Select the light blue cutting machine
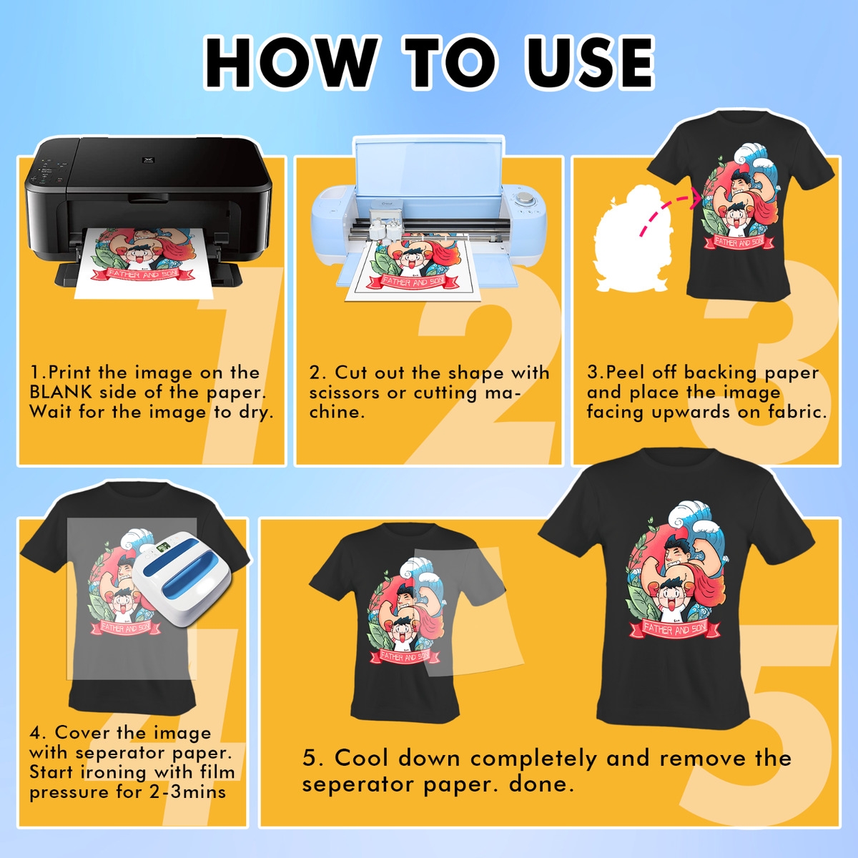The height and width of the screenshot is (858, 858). coord(429,207)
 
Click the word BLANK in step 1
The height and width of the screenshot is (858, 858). coord(61,393)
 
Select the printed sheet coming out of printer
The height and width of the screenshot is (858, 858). coord(143,265)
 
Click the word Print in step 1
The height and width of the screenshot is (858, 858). coord(70,373)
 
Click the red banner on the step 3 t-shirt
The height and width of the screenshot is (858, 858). coord(739,242)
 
